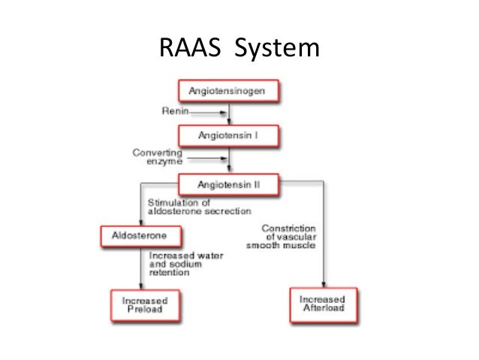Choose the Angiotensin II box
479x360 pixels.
coord(229,182)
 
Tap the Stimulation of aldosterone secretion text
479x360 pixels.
coord(185,206)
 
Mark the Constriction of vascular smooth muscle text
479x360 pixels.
coord(288,237)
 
